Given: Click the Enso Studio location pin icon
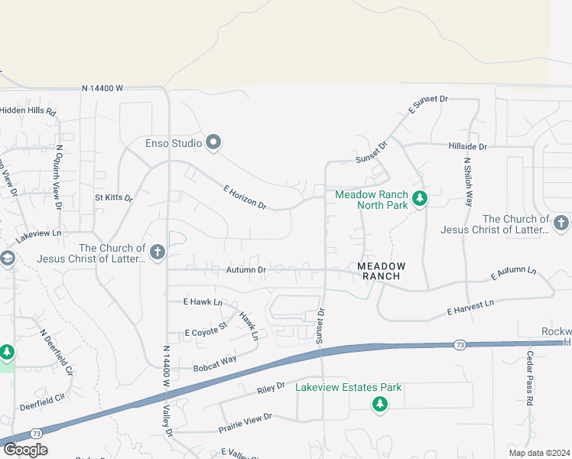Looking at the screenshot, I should (214, 142).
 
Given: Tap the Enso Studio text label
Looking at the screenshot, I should (174, 143).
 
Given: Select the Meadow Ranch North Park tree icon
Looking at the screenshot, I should (419, 199).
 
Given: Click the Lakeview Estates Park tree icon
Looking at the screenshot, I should (379, 404).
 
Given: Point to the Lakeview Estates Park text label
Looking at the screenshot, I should (349, 387).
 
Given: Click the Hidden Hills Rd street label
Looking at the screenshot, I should (28, 111).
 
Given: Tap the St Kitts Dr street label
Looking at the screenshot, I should (114, 197).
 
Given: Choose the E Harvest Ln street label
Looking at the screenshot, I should (470, 309).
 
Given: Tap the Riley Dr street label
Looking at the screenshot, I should (271, 389).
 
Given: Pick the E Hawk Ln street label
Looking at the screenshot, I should (202, 303).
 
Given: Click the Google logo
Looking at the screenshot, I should (24, 450).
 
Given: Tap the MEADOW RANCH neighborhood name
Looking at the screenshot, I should (382, 271).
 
